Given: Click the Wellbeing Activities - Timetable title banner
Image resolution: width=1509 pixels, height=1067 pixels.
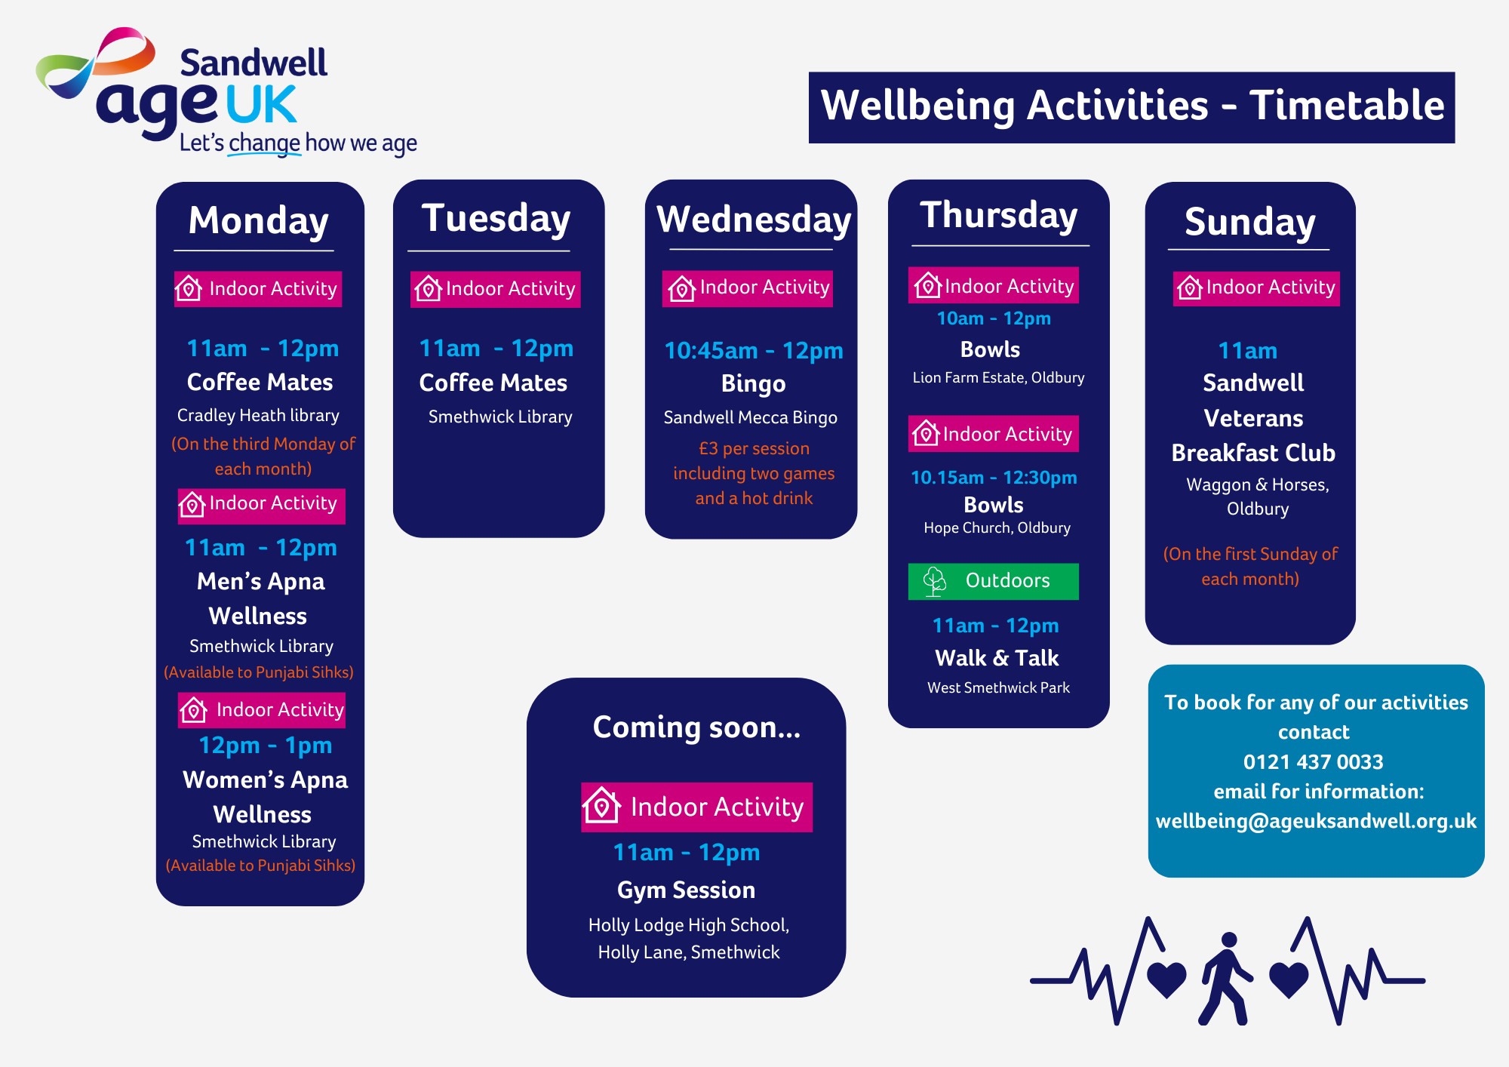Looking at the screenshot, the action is [1132, 107].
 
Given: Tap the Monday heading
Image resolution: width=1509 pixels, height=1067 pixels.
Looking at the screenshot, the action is [259, 221].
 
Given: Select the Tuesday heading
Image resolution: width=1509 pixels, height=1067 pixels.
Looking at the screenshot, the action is [496, 219].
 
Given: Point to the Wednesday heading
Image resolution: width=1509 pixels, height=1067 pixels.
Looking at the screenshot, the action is [754, 220].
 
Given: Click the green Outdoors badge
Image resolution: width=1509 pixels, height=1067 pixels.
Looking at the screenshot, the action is [993, 581].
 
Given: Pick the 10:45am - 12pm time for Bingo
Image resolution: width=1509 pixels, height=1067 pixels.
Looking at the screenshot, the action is [754, 351].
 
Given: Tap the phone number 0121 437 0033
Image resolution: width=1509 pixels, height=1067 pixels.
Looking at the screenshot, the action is [1314, 762].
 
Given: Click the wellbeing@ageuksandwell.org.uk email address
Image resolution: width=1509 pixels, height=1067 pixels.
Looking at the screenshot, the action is [1316, 821].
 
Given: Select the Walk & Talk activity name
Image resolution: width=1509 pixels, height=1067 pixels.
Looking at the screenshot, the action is [997, 658].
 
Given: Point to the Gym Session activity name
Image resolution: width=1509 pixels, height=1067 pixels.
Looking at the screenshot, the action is [686, 890].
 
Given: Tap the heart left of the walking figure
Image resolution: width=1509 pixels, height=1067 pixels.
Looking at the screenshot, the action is [1166, 979].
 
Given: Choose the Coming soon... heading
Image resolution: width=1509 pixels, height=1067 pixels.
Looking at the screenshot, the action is [696, 727].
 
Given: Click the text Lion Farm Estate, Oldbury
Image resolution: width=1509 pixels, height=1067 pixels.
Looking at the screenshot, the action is [998, 377].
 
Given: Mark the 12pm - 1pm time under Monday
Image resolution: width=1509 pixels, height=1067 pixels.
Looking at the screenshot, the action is [265, 746].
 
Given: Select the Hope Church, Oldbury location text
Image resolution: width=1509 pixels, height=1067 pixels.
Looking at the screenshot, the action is [997, 527].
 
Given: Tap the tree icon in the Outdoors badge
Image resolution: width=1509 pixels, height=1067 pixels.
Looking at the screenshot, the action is [935, 582].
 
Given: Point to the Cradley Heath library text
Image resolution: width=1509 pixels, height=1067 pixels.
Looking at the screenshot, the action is [258, 416].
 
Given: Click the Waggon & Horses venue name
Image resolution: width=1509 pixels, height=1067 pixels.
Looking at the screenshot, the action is [1258, 484].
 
